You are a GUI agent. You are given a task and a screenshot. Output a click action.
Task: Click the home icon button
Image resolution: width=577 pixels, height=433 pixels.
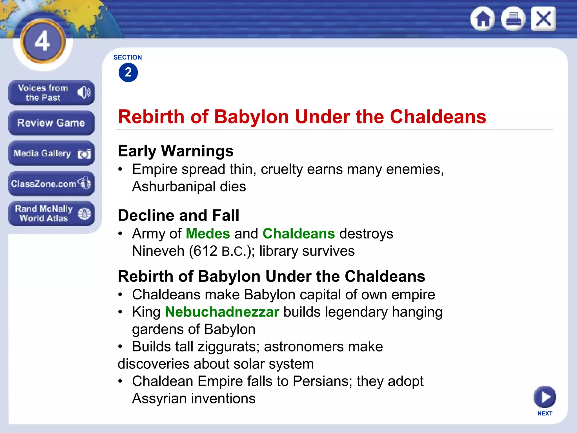pos(483,19)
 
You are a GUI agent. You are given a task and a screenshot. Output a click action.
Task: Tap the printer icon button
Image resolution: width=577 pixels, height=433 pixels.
pos(513,19)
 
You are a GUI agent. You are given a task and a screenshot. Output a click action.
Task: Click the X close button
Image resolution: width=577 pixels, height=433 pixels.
pos(543,19)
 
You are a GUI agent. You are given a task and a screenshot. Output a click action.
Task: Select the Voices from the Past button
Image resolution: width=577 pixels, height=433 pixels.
pos(51,93)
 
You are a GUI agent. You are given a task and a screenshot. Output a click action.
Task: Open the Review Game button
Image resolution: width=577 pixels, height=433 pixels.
pos(51,123)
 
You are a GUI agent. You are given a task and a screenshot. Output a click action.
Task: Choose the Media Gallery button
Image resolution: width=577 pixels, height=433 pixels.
pos(51,153)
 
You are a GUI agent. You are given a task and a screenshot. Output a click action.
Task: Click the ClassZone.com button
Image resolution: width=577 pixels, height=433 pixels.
pos(51,184)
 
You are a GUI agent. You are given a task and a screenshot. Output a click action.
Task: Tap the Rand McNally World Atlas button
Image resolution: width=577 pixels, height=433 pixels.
pos(51,213)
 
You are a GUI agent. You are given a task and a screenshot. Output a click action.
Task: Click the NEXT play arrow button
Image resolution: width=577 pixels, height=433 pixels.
pos(545,397)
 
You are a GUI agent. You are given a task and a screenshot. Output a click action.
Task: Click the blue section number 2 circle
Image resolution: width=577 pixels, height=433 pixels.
pos(128,72)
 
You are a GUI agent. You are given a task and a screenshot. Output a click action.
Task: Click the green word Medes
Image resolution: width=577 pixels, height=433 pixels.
pos(208,234)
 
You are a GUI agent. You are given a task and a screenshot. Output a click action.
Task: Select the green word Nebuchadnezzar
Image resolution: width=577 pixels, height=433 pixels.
pos(222,312)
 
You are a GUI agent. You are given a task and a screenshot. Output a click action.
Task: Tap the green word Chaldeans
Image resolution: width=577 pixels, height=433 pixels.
pos(299,234)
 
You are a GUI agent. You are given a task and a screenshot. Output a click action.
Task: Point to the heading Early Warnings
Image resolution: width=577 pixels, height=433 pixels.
pos(176,151)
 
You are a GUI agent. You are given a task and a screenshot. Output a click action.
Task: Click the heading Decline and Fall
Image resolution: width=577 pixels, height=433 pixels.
pos(179,215)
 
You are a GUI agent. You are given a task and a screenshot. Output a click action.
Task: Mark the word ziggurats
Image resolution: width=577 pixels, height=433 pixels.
pos(228,347)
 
